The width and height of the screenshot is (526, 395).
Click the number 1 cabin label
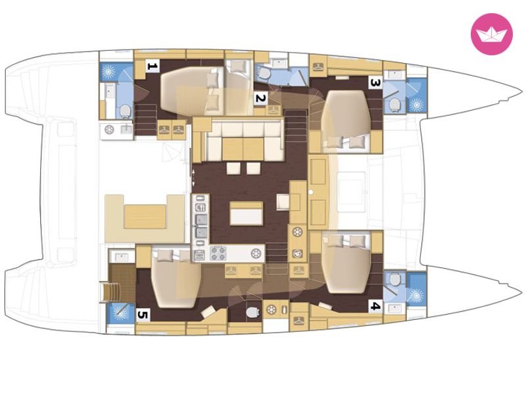[152, 66]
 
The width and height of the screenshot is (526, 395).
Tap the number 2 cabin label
[260, 98]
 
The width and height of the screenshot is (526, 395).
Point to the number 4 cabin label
[375, 306]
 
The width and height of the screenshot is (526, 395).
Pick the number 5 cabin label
[143, 315]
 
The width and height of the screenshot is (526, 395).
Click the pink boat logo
[491, 34]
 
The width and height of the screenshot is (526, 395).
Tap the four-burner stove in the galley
[218, 253]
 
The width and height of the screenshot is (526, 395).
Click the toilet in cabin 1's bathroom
[125, 111]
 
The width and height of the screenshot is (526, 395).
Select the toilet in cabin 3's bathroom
[394, 105]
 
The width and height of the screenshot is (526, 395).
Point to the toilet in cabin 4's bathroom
[394, 278]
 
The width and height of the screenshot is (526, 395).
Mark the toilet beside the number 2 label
[264, 74]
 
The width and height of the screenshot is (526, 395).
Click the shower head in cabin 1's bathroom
[108, 72]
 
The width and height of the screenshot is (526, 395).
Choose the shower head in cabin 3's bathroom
[417, 105]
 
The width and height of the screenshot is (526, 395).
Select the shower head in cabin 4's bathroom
[417, 295]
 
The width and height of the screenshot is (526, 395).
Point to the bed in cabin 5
[176, 278]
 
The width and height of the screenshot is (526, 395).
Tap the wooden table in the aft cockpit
[145, 217]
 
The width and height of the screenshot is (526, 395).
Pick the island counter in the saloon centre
[246, 213]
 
